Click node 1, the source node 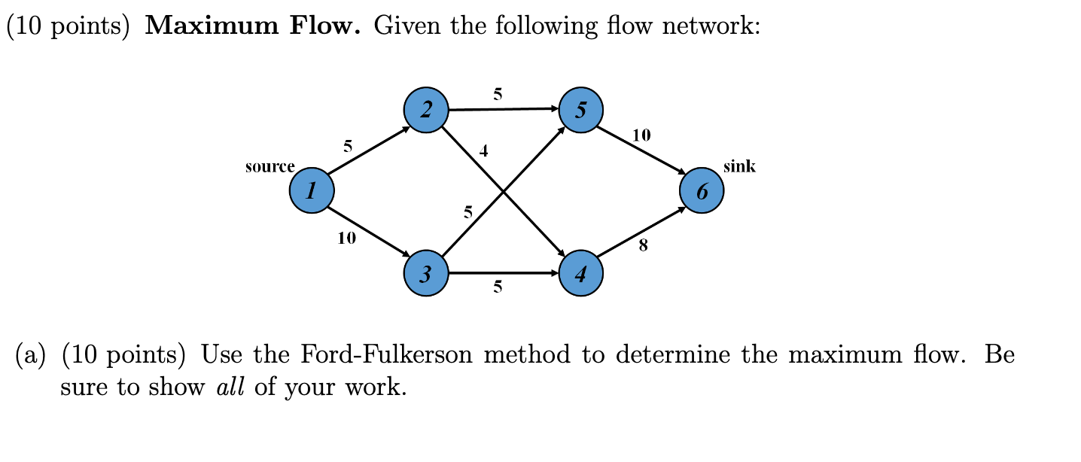click(x=312, y=191)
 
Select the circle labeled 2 click(x=426, y=111)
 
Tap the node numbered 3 click(x=425, y=275)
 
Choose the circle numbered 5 click(x=580, y=111)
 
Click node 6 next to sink click(x=702, y=191)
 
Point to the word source click(x=269, y=167)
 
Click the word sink click(x=738, y=166)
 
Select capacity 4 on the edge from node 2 click(x=484, y=152)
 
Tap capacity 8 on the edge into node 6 click(x=642, y=245)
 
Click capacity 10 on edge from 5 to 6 click(x=641, y=135)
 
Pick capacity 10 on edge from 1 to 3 click(x=347, y=239)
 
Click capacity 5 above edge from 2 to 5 click(x=497, y=94)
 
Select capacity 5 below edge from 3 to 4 click(x=497, y=287)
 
